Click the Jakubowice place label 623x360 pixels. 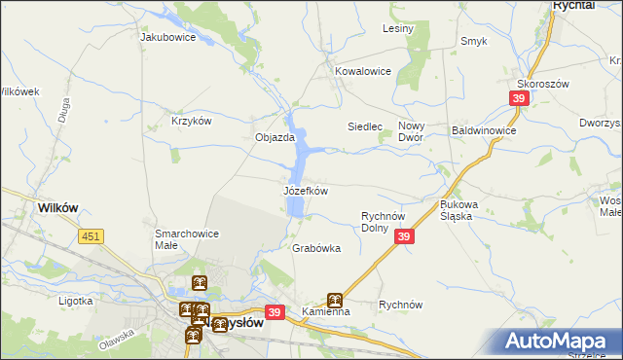pyautogui.click(x=168, y=38)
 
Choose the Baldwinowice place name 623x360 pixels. pyautogui.click(x=484, y=129)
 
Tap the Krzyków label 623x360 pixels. pyautogui.click(x=192, y=121)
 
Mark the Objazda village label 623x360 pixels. pyautogui.click(x=275, y=137)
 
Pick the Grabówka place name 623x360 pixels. pyautogui.click(x=316, y=248)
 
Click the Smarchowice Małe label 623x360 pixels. pyautogui.click(x=187, y=239)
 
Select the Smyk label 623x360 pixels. pyautogui.click(x=474, y=41)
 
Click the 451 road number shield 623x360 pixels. pyautogui.click(x=92, y=236)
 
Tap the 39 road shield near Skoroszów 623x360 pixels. pyautogui.click(x=519, y=98)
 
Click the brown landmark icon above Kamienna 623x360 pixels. pyautogui.click(x=335, y=300)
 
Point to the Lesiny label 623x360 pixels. pyautogui.click(x=398, y=28)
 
